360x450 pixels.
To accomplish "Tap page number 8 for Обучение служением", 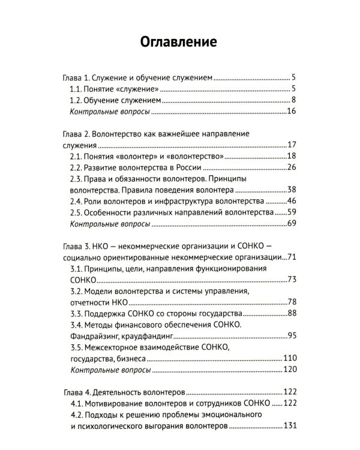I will point(294,100).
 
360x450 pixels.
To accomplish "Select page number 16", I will point(292,111).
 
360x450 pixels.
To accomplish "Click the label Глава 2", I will point(76,133).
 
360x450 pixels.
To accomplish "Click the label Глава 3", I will point(76,246).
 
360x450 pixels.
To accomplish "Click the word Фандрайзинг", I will point(94,336).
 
